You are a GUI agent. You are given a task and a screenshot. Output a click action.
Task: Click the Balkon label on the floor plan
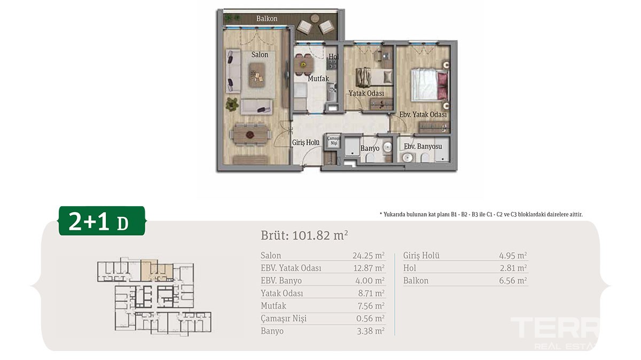[x=267, y=19]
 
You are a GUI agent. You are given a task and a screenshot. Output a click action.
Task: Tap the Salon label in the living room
[x=260, y=54]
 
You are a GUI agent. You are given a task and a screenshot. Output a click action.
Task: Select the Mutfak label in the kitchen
[x=318, y=79]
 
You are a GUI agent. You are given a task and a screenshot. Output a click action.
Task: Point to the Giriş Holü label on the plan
[x=306, y=142]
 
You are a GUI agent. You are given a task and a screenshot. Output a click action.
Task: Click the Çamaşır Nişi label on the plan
[x=334, y=140]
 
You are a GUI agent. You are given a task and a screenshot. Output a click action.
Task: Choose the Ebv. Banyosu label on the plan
[x=423, y=146]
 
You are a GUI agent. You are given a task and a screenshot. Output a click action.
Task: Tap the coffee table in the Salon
[x=257, y=75]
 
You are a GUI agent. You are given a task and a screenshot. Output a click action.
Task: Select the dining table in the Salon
[x=250, y=134]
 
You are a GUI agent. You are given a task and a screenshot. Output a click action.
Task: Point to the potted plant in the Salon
[x=232, y=105]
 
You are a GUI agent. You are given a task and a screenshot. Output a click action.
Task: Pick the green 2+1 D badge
[x=102, y=221]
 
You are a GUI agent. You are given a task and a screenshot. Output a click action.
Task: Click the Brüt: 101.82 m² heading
[x=304, y=236]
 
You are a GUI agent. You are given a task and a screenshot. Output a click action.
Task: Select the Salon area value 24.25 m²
[x=368, y=255]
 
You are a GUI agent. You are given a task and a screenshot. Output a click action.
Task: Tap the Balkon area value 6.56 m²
[x=513, y=280]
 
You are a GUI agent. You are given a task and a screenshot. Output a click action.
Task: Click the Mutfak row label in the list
[x=273, y=306]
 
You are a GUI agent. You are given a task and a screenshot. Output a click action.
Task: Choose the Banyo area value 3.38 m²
[x=370, y=331]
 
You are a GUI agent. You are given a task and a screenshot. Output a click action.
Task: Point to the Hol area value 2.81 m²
[x=513, y=268]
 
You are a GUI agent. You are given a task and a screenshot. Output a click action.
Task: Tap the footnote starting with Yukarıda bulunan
[x=481, y=214]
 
